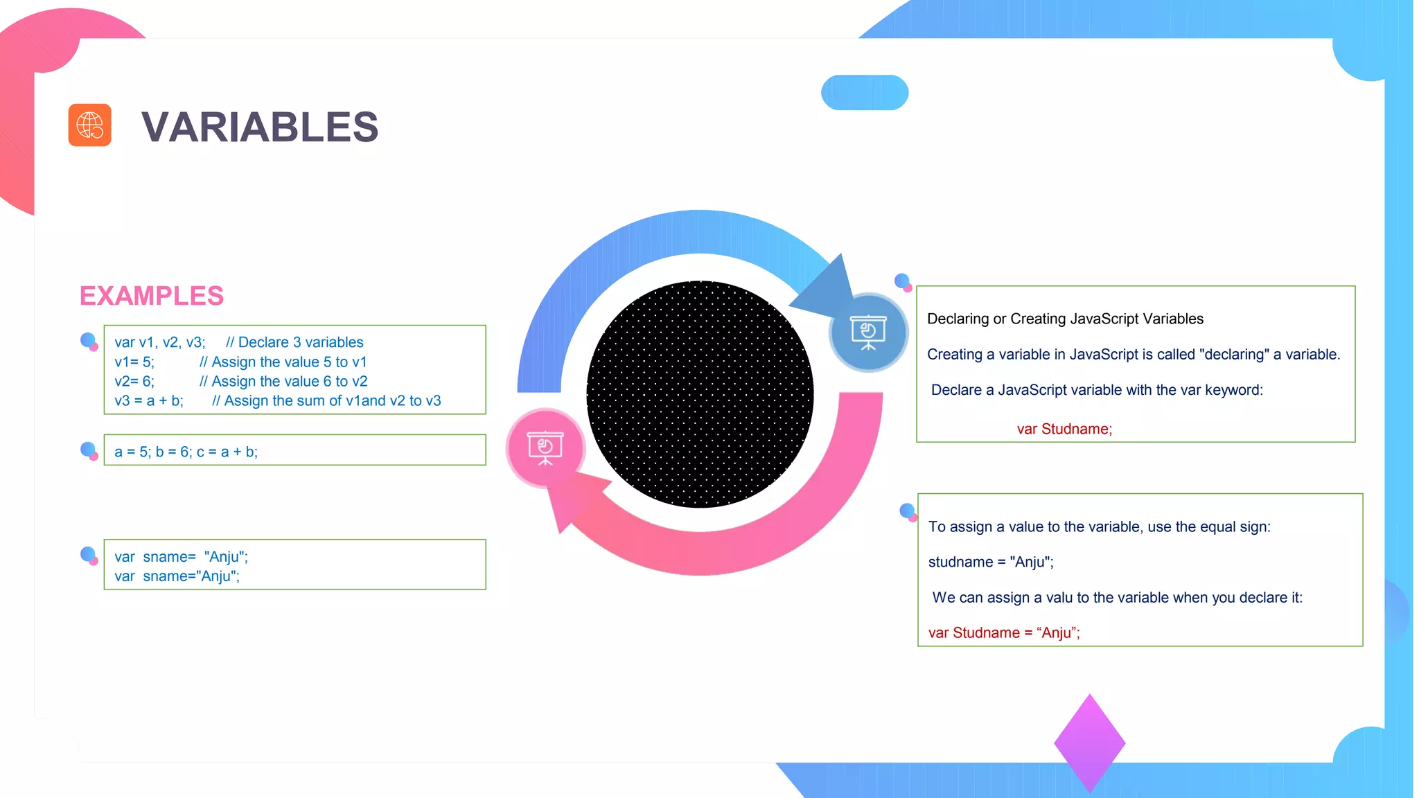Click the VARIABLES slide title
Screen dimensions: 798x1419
click(x=260, y=127)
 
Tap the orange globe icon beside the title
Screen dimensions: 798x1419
click(x=90, y=125)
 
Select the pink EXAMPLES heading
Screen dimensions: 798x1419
click(x=152, y=296)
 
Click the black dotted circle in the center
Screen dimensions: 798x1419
click(x=700, y=394)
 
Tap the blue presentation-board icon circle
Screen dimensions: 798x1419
click(x=868, y=332)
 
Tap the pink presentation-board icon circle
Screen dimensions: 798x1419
click(x=545, y=447)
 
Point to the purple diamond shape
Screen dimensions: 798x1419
click(x=1089, y=743)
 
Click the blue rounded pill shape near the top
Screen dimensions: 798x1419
click(x=865, y=93)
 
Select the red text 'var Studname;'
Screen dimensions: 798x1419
click(x=1064, y=429)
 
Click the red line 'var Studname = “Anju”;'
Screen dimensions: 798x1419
click(x=1004, y=633)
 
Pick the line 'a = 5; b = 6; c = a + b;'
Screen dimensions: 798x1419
click(x=186, y=452)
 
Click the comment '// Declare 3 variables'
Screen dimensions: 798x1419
click(x=294, y=343)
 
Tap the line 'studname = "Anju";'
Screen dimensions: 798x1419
click(x=991, y=562)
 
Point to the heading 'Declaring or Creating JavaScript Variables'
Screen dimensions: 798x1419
click(x=1065, y=319)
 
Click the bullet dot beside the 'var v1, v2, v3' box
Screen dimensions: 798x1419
click(x=89, y=341)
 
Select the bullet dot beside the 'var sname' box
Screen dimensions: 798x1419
click(x=89, y=555)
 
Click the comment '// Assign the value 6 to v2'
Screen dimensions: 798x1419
click(x=283, y=382)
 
